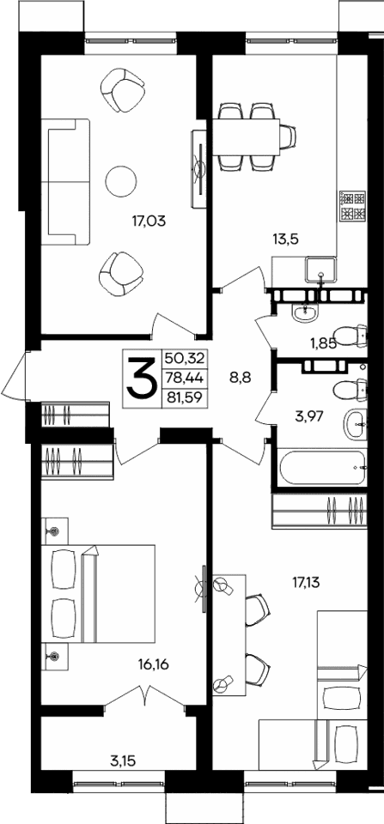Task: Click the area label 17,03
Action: (149, 220)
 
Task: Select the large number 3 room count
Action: (141, 379)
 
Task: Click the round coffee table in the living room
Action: (120, 179)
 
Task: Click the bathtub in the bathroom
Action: (324, 468)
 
